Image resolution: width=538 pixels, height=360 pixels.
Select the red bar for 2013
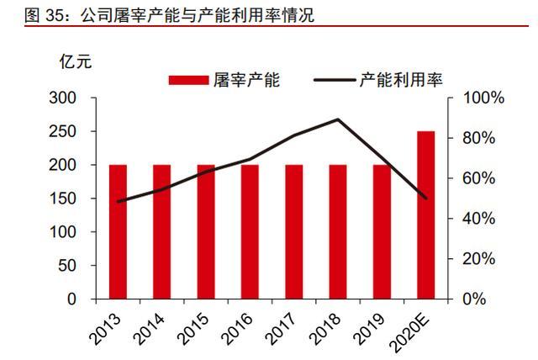118,231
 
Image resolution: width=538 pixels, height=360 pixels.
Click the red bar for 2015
206,231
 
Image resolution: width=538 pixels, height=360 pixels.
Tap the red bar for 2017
294,231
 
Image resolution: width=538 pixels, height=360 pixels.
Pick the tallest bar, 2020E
426,214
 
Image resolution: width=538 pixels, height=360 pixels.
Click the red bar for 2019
382,231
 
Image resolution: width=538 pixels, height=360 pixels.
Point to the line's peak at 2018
338,119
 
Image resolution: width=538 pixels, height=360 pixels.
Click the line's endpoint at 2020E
426,199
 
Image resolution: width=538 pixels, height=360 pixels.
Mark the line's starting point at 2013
118,202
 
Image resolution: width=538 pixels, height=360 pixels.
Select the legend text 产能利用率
401,80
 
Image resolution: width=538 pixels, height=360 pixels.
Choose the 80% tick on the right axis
482,138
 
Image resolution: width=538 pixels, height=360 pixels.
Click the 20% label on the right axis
482,259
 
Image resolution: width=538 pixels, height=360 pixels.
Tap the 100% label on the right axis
485,98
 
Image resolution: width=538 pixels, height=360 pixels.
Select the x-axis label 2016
239,329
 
